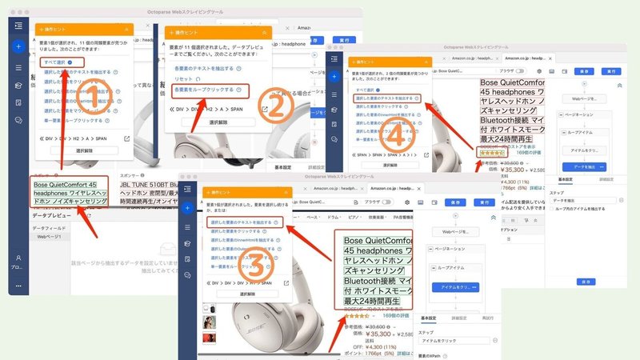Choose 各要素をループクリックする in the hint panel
[205, 89]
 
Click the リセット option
[184, 78]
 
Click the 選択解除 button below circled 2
[213, 122]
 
